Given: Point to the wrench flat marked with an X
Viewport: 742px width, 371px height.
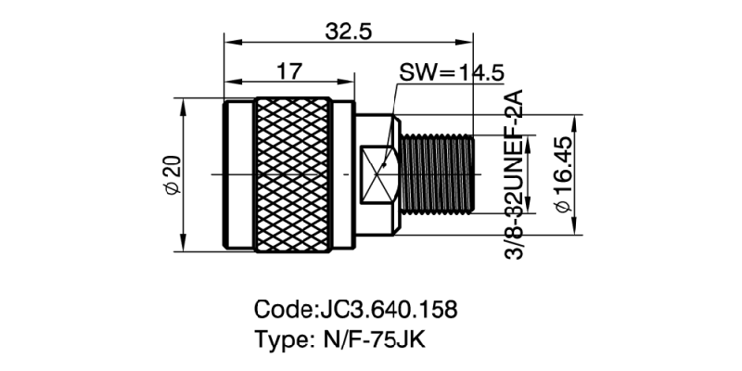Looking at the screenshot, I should (378, 173).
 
